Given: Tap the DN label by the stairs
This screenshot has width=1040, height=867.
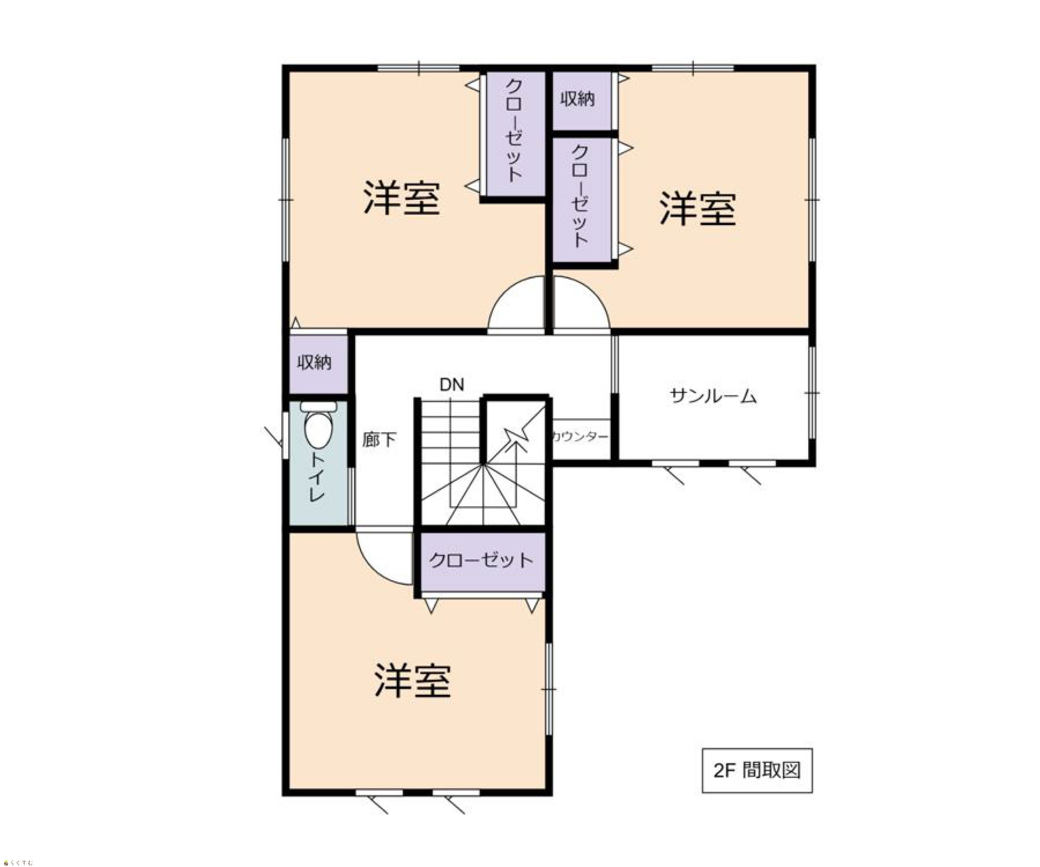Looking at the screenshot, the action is (452, 385).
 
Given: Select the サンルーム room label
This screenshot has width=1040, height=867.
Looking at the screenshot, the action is (713, 396).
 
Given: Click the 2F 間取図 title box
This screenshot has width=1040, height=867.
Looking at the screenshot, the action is (757, 770).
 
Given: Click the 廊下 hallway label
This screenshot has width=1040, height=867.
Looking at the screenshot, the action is (379, 440).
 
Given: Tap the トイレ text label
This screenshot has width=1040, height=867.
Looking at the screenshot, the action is (317, 477).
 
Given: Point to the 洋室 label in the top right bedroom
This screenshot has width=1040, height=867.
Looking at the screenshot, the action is (697, 209).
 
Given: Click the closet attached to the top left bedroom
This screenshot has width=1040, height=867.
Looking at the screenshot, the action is (515, 134).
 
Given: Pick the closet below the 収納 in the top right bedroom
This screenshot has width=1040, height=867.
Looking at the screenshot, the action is (582, 200).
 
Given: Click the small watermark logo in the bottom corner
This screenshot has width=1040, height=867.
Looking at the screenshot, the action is (18, 862).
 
